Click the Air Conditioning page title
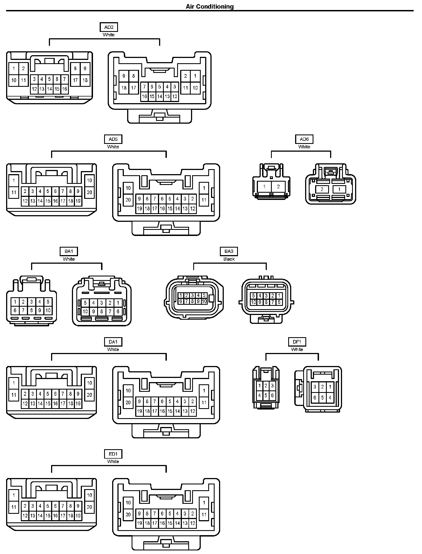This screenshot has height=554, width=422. [210, 6]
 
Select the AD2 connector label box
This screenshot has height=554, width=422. [109, 27]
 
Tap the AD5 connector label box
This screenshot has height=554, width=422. [113, 139]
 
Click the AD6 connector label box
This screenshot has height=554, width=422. [304, 139]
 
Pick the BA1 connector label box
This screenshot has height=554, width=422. [69, 251]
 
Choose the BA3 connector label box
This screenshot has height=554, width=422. [229, 251]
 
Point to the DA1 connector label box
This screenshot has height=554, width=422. [113, 342]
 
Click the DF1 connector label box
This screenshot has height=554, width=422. [297, 342]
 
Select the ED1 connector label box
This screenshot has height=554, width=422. [113, 454]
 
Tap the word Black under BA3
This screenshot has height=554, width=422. [229, 259]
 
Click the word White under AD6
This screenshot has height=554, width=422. [304, 147]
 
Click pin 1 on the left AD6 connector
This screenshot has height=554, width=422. [264, 187]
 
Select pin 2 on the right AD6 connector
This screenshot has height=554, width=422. [322, 190]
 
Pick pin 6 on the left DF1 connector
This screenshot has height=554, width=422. [272, 395]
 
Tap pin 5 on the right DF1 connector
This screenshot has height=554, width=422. [322, 398]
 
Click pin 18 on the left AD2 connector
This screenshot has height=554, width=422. [85, 80]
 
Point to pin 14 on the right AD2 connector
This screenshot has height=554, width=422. [159, 96]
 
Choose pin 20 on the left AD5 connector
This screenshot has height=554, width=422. [89, 192]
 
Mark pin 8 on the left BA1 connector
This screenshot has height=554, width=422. [31, 310]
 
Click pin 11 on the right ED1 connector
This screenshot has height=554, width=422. [204, 515]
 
